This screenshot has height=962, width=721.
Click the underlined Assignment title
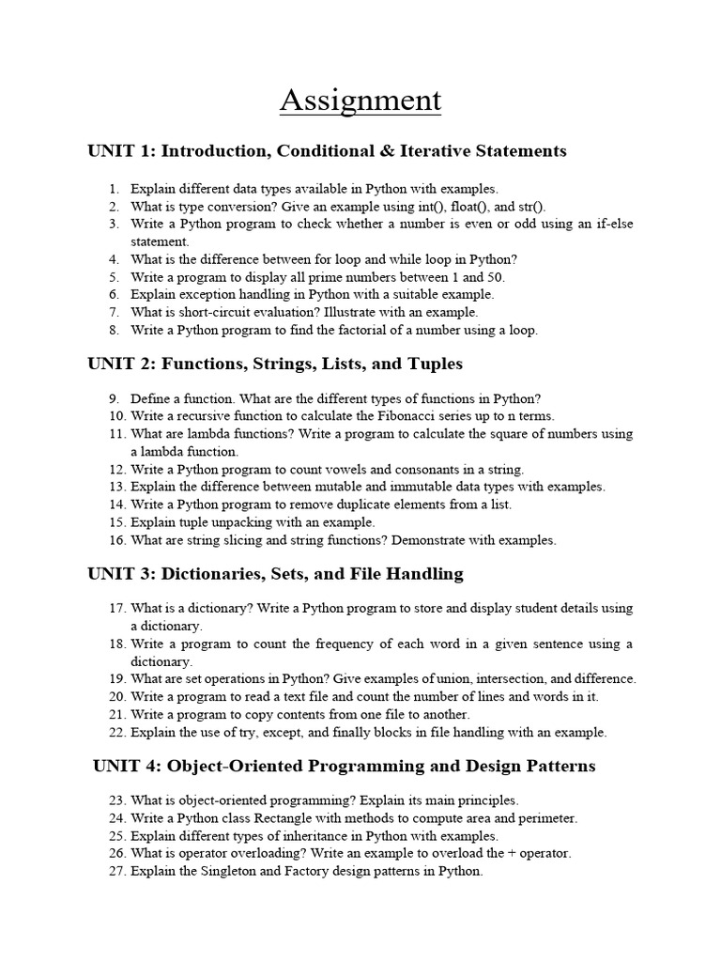[360, 100]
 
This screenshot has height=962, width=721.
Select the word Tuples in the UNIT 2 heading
[435, 363]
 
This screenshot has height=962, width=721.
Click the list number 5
[114, 277]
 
